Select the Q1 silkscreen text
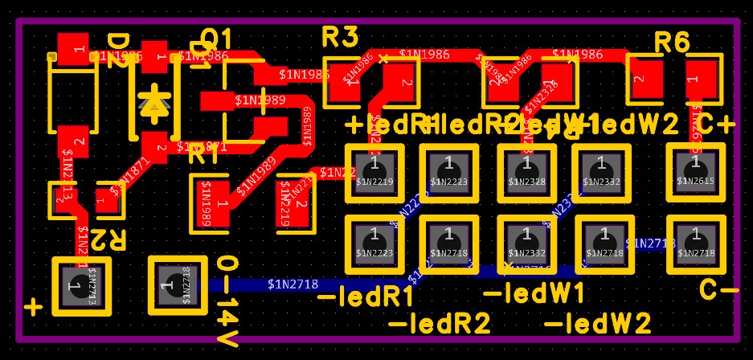click(215, 38)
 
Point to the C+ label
click(716, 125)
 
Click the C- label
click(718, 289)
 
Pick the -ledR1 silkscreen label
click(366, 297)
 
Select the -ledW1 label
click(534, 293)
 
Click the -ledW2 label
click(598, 324)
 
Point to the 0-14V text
click(227, 302)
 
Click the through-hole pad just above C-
click(695, 244)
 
